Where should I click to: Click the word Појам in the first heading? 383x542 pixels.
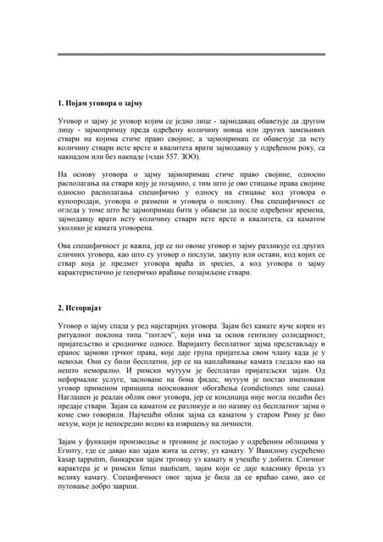coord(77,102)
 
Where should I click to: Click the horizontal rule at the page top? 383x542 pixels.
coord(191,54)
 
